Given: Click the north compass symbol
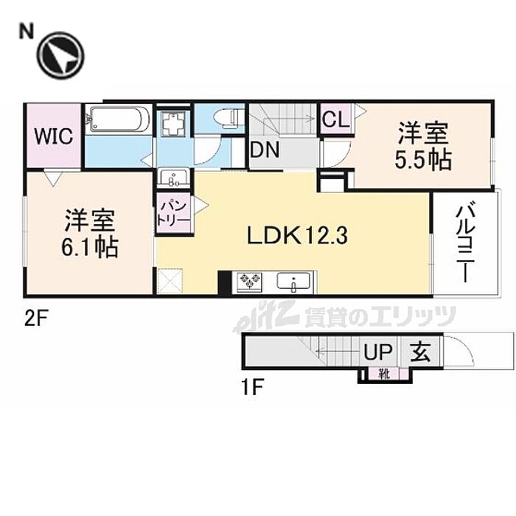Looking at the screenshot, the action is (x=60, y=55).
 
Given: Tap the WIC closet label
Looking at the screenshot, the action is (x=54, y=136).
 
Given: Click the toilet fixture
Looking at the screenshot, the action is (x=228, y=117).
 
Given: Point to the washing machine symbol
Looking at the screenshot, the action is (x=173, y=123).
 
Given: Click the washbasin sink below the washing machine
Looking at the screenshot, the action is (x=173, y=178).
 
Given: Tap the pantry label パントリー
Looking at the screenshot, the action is (x=174, y=214).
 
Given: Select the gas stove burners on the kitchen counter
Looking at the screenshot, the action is (x=247, y=282).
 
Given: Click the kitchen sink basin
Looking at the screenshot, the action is (x=293, y=282).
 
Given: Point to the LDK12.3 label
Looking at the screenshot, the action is (x=297, y=236).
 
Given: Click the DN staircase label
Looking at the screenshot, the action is (x=265, y=150).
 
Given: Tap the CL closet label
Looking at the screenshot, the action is (x=335, y=119).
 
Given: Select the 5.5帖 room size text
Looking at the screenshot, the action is (x=422, y=161).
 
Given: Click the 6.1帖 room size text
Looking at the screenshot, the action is (x=90, y=247).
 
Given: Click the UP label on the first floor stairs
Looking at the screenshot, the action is (x=378, y=352).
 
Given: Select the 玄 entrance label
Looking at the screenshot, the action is (x=420, y=352).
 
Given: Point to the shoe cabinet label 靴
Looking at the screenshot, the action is (x=384, y=374).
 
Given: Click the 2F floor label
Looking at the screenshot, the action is (x=37, y=318).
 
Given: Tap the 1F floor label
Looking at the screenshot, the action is (x=253, y=388).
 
